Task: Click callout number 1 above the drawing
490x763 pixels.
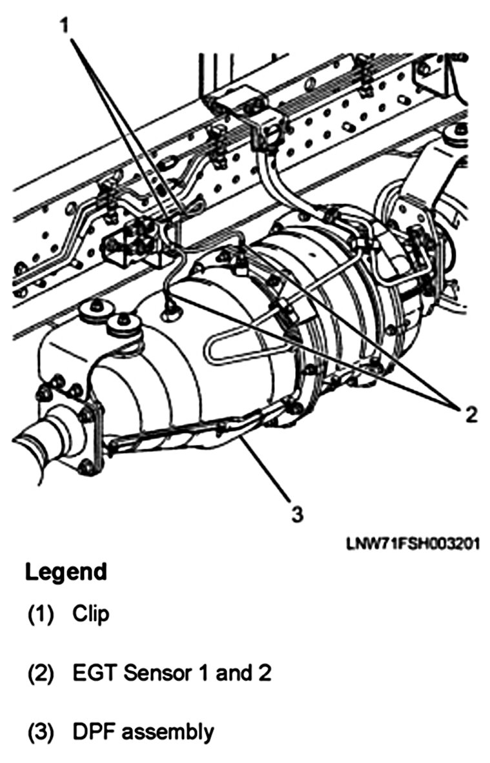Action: tap(65, 25)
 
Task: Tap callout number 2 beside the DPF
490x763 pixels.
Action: tap(471, 414)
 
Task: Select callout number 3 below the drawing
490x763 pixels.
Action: tap(298, 513)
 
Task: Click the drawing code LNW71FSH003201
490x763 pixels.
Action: tap(413, 543)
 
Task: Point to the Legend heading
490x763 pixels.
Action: tap(66, 571)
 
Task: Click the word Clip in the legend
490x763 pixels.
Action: tap(90, 614)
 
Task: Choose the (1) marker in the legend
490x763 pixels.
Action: tap(41, 615)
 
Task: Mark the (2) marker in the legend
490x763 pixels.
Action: tap(41, 675)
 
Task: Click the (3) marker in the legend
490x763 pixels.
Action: tap(41, 733)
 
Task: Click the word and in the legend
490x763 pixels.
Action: tap(230, 673)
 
